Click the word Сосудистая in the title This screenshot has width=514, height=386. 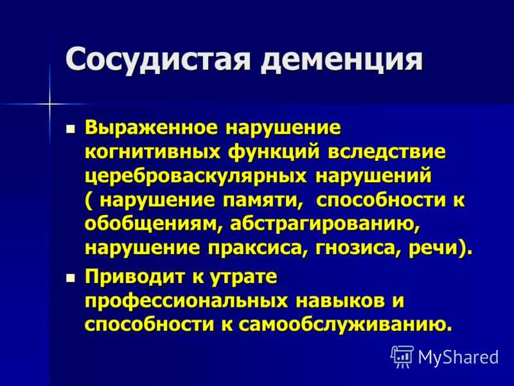(159, 59)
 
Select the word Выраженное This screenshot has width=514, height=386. (151, 129)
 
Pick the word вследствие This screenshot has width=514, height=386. (387, 152)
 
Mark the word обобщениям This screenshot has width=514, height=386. (154, 225)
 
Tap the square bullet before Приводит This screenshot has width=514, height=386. (70, 279)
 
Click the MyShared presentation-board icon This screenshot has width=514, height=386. (402, 356)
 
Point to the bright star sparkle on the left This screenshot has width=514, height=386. (50, 104)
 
